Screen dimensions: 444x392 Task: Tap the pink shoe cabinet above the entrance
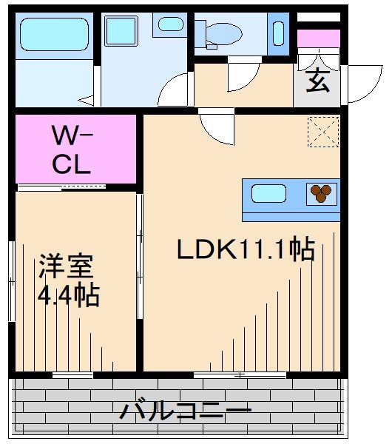318,38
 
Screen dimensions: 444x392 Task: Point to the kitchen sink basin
268,195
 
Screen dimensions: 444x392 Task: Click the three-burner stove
321,193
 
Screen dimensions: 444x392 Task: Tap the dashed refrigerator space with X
324,132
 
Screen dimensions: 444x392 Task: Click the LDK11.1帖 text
246,250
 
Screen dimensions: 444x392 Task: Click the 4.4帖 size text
68,296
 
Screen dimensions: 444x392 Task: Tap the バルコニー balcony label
186,411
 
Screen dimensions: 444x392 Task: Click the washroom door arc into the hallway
175,90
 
